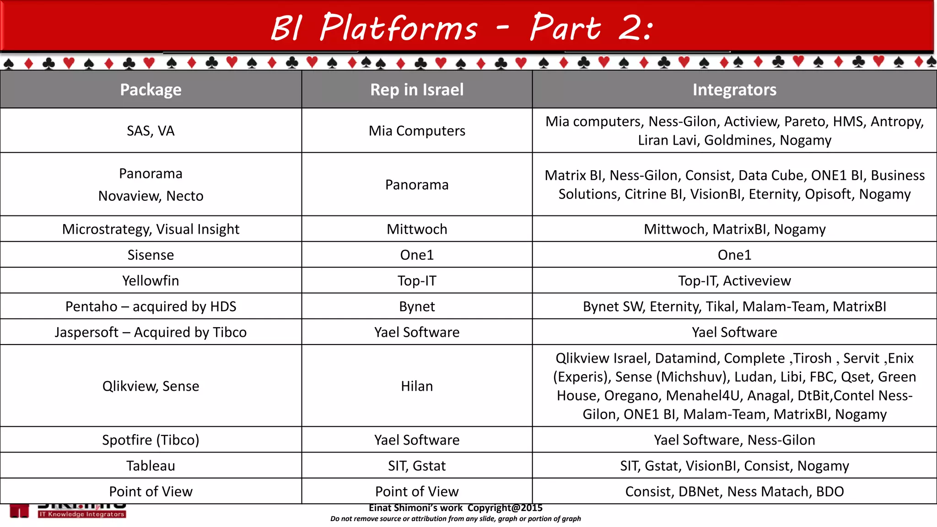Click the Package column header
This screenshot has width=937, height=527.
pos(151,90)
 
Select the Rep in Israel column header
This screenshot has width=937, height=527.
pos(417,90)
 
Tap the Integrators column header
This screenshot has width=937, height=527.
pos(734,90)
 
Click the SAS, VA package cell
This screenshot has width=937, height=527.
pos(151,131)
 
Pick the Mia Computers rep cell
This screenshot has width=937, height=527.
pos(417,131)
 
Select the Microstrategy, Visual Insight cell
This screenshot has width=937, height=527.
pos(151,229)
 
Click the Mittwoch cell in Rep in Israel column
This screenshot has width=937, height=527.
pos(417,229)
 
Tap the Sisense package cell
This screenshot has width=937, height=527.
pos(151,255)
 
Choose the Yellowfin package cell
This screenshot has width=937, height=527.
pos(151,280)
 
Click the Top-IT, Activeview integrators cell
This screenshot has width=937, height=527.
pos(734,280)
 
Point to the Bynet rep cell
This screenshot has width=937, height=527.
pos(417,307)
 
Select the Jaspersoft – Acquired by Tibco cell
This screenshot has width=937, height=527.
pos(151,332)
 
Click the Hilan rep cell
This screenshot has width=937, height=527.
pos(417,386)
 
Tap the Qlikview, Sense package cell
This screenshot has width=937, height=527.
pos(151,386)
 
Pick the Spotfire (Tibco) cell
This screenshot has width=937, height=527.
pos(151,440)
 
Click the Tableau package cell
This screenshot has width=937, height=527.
pos(151,466)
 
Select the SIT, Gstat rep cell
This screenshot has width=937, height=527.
pos(417,466)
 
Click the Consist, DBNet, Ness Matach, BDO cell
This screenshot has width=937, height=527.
pos(734,491)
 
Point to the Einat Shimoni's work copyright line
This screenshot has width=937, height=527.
pos(456,508)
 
